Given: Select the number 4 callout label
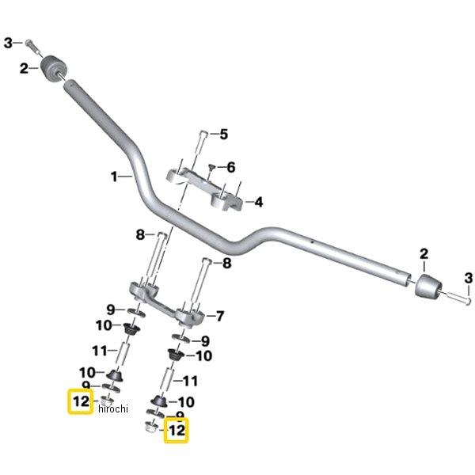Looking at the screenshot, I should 258,203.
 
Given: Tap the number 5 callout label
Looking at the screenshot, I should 223,135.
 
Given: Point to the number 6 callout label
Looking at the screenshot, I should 231,168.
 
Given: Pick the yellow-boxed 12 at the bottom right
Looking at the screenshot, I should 175,431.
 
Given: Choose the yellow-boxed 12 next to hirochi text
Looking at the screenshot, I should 81,402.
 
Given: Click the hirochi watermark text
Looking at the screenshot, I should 113,408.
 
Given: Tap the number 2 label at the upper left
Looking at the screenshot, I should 24,69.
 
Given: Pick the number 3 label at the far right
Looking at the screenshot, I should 468,277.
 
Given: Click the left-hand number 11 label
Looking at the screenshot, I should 99,349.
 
